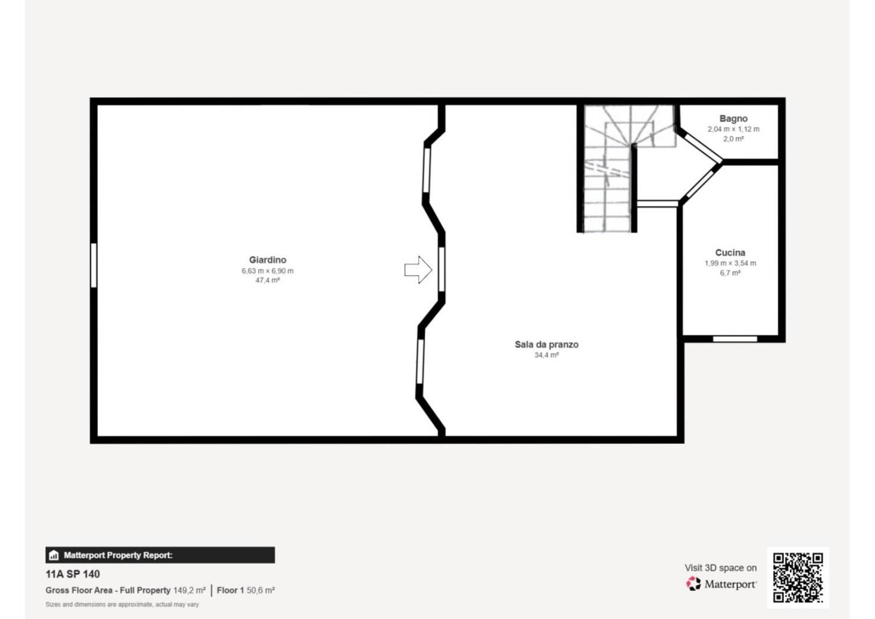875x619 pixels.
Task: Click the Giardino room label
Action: point(268,260)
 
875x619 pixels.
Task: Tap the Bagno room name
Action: point(734,118)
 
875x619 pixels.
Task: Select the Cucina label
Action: point(730,252)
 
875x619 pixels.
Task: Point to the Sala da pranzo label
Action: point(546,344)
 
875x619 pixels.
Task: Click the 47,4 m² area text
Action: point(268,280)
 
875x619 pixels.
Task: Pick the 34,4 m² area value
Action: point(546,355)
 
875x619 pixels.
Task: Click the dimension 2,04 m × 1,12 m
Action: point(734,129)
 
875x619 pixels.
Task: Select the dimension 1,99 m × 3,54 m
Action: point(730,263)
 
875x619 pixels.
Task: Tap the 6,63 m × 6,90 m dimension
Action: point(268,271)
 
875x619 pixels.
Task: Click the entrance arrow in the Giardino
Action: point(418,269)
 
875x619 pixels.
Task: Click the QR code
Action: point(798,578)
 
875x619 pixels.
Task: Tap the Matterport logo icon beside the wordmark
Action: point(694,584)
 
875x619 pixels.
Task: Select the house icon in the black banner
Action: point(54,555)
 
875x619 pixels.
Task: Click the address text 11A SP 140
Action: point(72,574)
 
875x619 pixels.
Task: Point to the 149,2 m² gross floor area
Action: point(190,590)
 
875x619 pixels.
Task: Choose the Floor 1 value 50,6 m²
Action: point(260,590)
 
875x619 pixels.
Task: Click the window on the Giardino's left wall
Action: point(94,265)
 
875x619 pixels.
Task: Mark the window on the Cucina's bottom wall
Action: point(735,339)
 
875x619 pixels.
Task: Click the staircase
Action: point(608,169)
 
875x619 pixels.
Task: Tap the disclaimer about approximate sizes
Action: point(122,604)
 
